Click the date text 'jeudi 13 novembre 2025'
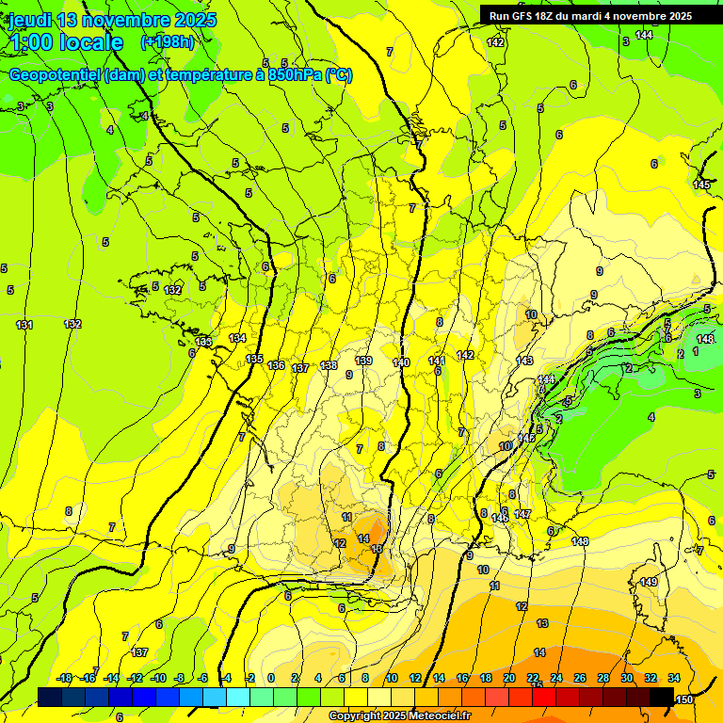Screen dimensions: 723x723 click(x=112, y=20)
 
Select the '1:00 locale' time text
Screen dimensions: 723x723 click(x=66, y=43)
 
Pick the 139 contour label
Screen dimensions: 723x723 click(x=364, y=361)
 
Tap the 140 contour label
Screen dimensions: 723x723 click(x=401, y=362)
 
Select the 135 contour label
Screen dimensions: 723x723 click(x=254, y=359)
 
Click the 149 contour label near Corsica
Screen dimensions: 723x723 click(x=649, y=583)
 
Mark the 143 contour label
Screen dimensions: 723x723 click(x=524, y=361)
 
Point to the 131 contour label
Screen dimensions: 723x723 click(x=24, y=325)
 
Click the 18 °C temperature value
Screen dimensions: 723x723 click(x=377, y=549)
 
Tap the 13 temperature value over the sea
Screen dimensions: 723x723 click(x=542, y=623)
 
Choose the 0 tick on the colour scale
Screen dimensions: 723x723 click(x=271, y=678)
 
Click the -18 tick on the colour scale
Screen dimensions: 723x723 click(x=64, y=678)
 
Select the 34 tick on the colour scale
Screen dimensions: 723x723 click(x=674, y=678)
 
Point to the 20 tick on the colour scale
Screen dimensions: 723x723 click(x=509, y=678)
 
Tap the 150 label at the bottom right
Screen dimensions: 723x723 click(x=684, y=699)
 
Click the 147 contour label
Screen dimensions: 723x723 click(x=522, y=514)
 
